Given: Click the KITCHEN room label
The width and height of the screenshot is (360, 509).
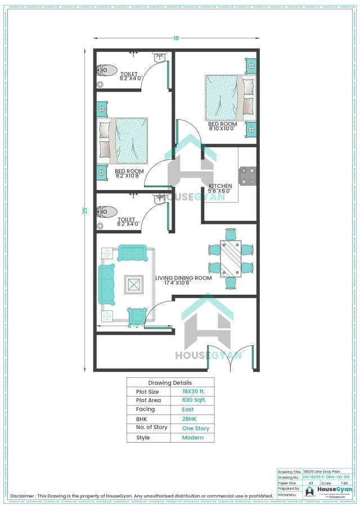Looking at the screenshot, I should [220, 186].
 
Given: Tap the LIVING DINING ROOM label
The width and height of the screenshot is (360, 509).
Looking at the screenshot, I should [183, 278].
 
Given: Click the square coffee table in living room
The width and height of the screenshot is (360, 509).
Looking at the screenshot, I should [134, 285].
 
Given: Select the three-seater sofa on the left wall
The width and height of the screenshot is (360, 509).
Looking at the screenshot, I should [106, 285].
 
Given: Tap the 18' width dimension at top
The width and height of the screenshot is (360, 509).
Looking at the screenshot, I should [176, 38].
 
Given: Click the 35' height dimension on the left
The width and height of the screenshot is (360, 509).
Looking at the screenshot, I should [85, 210].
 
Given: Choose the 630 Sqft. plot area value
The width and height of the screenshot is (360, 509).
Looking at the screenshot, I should [194, 400].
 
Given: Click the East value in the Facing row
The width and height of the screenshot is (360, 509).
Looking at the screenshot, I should [188, 410].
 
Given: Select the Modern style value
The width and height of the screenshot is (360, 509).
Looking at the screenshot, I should [191, 438].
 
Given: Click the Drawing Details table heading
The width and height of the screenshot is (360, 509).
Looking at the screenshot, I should [170, 382].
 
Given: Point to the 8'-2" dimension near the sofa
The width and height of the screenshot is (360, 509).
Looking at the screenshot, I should [133, 326].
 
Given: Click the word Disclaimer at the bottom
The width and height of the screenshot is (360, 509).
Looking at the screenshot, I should [23, 496].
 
